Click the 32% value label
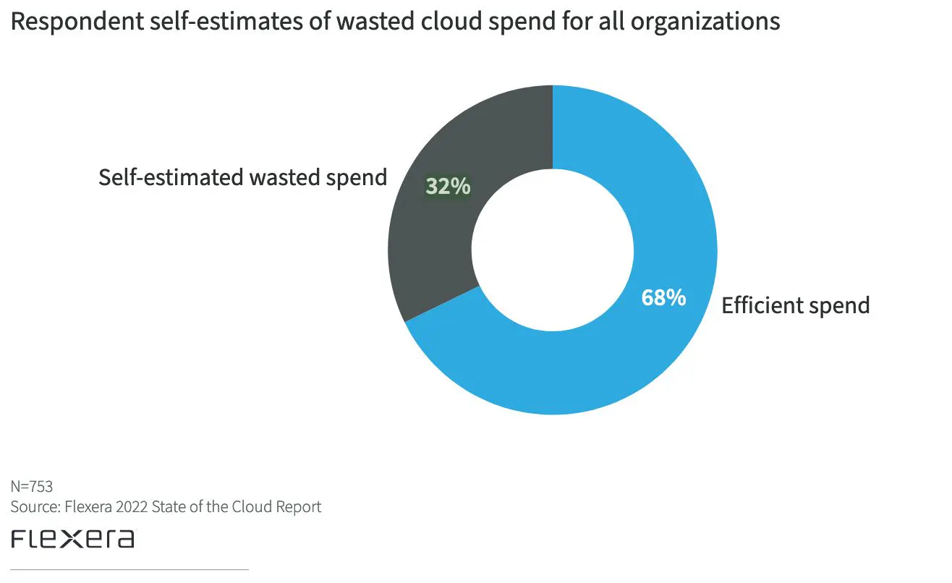[448, 187]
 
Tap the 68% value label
[663, 297]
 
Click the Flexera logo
[72, 540]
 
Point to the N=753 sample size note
[32, 486]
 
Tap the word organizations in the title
[705, 22]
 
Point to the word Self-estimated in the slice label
[169, 177]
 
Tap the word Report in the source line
[297, 507]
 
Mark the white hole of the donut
[553, 250]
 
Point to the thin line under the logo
[130, 570]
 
